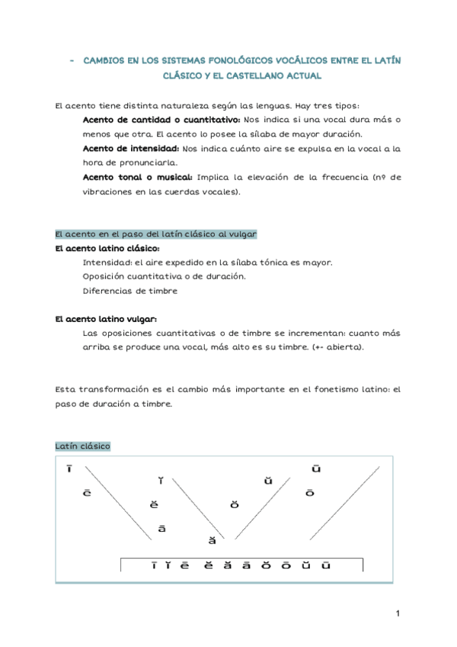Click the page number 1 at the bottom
point(398,613)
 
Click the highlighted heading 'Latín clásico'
point(83,446)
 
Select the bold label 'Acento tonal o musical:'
point(137,177)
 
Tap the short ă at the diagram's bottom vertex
point(213,541)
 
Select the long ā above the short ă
point(161,528)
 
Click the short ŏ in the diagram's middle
point(235,505)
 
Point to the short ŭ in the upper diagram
point(268,481)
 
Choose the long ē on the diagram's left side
point(88,493)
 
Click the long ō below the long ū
point(309,493)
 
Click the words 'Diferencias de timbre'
point(129,291)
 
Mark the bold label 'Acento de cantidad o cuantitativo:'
point(161,120)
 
